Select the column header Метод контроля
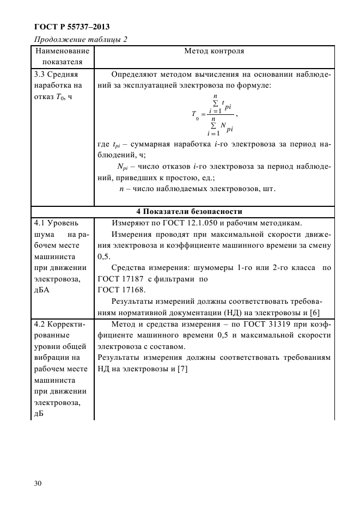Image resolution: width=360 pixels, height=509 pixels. click(214, 52)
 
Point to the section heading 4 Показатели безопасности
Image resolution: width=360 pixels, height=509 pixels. click(181, 211)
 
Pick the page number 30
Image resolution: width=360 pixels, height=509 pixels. click(38, 483)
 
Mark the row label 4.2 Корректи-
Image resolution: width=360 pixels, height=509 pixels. click(60, 323)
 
